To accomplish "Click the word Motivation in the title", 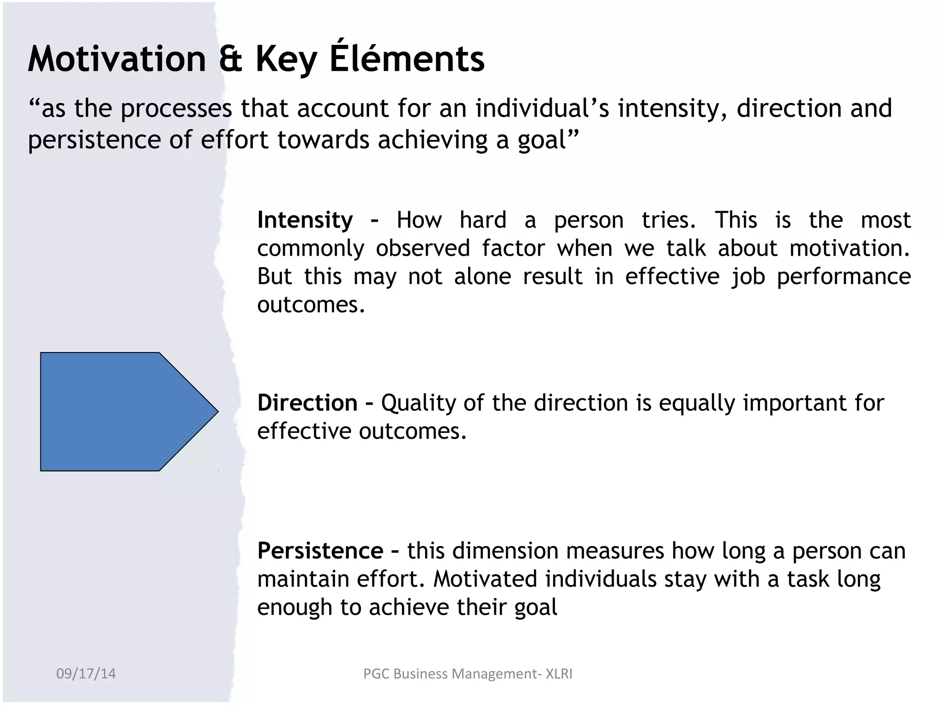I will click(x=117, y=59).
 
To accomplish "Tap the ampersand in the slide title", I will click(x=230, y=59).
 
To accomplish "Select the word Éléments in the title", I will click(x=407, y=59).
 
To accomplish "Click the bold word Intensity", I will click(x=305, y=220).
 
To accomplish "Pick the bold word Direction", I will click(x=307, y=403).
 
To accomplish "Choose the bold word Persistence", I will click(x=320, y=550).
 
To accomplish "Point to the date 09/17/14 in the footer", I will click(x=86, y=674).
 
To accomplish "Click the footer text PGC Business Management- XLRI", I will click(x=467, y=674).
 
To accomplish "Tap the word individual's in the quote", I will click(x=542, y=108).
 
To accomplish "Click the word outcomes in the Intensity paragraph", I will click(x=310, y=305).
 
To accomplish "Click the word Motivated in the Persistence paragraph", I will click(x=485, y=579).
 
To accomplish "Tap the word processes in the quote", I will click(x=176, y=109).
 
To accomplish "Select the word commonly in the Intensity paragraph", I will click(x=310, y=248).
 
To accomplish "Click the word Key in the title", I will click(x=286, y=60).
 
